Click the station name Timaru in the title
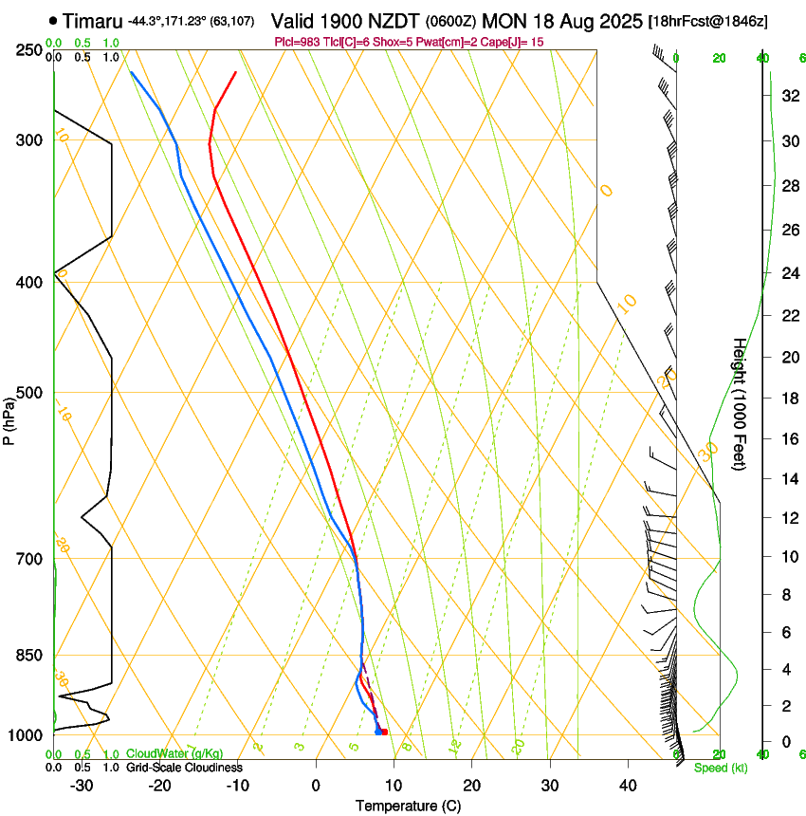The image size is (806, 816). pos(93,21)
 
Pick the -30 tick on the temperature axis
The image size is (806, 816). pos(82,786)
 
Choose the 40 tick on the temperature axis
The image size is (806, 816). pos(627,786)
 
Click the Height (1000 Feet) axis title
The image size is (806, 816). pos(740,403)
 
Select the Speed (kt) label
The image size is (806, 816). pos(720,768)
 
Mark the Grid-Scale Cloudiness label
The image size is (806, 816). pos(184,767)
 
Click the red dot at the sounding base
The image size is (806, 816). pos(384,732)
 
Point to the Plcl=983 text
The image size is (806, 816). pos(298,43)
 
